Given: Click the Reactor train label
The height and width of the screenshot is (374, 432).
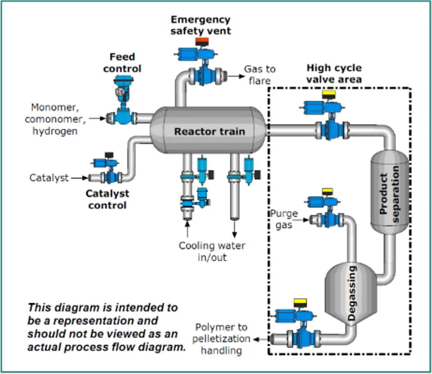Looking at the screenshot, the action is point(209,132).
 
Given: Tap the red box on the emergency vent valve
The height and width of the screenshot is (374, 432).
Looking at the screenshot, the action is point(202,42).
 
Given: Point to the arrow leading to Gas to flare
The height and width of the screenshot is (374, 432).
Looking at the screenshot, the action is point(236,76).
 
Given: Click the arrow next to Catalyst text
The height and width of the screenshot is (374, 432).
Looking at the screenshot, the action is point(79,178).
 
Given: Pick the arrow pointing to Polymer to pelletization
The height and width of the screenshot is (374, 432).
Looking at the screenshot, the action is point(261,340).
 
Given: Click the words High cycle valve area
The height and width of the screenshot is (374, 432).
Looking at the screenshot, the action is point(334,74).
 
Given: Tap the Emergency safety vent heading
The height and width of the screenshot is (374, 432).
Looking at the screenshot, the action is point(201,25).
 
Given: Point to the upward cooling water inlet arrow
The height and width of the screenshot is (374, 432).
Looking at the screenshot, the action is point(187,229).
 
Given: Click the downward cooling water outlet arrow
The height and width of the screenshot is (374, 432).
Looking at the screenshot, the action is point(234,229).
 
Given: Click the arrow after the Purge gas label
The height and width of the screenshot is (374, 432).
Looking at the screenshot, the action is point(303,220).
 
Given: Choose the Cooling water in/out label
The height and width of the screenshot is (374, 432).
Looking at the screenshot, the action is point(212,251).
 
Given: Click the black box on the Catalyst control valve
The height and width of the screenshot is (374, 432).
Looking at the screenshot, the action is point(109,155).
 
